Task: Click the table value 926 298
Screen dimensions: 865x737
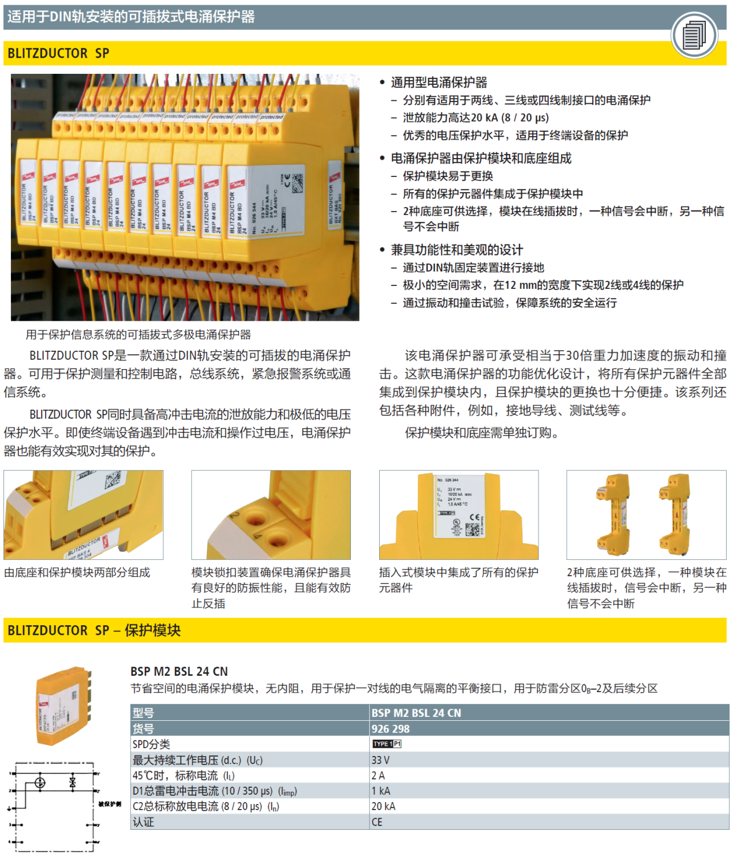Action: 391,729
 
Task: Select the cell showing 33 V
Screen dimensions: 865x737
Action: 380,760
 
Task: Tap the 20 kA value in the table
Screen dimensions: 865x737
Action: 383,806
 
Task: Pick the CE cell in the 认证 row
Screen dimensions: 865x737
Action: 377,822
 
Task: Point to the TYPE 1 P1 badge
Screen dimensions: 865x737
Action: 387,744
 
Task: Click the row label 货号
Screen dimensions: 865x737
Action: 143,729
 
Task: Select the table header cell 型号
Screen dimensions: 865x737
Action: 143,713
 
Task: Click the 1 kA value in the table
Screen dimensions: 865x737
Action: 381,791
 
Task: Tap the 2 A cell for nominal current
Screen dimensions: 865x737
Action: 378,776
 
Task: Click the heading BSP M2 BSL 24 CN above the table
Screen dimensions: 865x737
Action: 179,672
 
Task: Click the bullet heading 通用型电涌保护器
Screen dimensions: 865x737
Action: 439,82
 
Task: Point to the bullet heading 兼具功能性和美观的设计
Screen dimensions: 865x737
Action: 457,250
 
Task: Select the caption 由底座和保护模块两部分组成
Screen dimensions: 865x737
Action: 77,573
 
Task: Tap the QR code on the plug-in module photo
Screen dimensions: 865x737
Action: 473,529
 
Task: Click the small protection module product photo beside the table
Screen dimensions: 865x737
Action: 63,706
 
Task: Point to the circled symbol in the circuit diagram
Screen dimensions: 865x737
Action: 40,783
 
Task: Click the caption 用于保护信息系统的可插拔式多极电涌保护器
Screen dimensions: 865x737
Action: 139,334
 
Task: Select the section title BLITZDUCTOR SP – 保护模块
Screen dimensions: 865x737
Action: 94,630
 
